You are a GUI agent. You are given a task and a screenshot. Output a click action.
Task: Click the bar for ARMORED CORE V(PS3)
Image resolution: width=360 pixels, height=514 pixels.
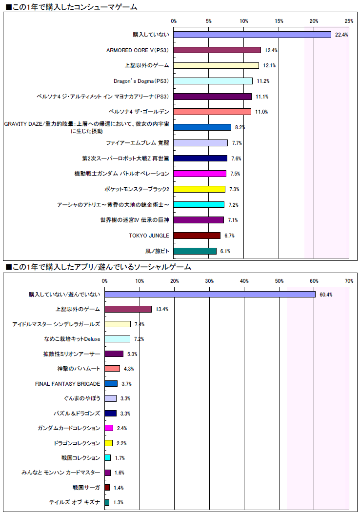click(217, 50)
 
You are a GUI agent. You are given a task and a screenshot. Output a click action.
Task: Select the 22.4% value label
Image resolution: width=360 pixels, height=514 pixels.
click(341, 35)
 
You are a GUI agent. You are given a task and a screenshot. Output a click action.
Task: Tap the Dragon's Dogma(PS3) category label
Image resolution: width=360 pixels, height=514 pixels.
click(141, 81)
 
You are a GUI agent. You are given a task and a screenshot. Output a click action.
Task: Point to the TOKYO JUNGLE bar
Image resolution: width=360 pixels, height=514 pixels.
click(197, 236)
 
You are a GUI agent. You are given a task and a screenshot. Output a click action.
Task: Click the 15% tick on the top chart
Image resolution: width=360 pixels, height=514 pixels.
click(279, 21)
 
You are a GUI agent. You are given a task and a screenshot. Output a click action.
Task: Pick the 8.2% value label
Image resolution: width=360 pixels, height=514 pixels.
click(240, 127)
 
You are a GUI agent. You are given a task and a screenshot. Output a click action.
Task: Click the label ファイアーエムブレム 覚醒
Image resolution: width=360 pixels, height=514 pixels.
click(138, 143)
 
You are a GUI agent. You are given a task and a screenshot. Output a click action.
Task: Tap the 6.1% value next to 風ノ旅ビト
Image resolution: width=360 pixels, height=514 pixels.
click(225, 251)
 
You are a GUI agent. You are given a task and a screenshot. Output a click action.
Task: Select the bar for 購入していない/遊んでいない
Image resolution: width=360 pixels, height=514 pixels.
click(210, 294)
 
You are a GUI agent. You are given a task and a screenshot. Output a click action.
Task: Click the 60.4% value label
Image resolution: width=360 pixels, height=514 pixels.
click(326, 295)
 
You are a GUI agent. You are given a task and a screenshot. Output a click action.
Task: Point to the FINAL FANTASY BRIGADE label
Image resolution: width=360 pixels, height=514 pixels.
click(68, 384)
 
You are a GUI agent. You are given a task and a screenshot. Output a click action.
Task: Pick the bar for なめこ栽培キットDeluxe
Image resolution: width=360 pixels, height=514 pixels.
click(118, 339)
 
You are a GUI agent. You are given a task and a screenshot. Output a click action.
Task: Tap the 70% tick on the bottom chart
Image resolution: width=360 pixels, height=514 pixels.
click(349, 280)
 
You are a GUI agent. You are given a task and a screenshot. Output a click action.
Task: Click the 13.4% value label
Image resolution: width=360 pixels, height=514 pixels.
click(162, 309)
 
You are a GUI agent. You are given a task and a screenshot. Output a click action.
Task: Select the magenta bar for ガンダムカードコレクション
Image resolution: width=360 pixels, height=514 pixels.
click(109, 428)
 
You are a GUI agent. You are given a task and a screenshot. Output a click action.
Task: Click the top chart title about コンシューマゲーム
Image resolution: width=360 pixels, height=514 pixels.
click(71, 7)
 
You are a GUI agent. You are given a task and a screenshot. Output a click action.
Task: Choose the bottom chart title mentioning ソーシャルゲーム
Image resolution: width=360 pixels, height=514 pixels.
click(98, 267)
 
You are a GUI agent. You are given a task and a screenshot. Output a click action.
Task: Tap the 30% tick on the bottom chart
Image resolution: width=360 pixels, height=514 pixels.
click(209, 280)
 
